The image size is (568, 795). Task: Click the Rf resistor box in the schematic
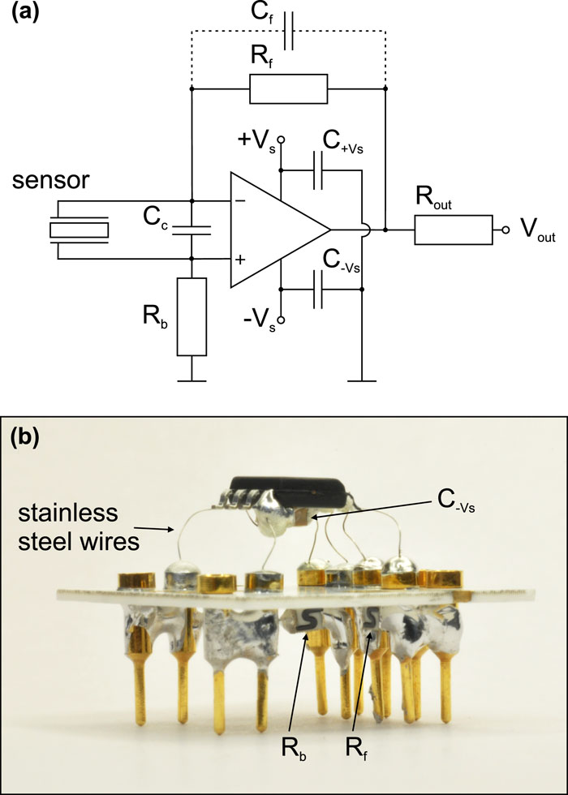(288, 88)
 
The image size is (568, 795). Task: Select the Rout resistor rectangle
(453, 230)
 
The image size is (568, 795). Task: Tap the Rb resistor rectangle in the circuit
(191, 316)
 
